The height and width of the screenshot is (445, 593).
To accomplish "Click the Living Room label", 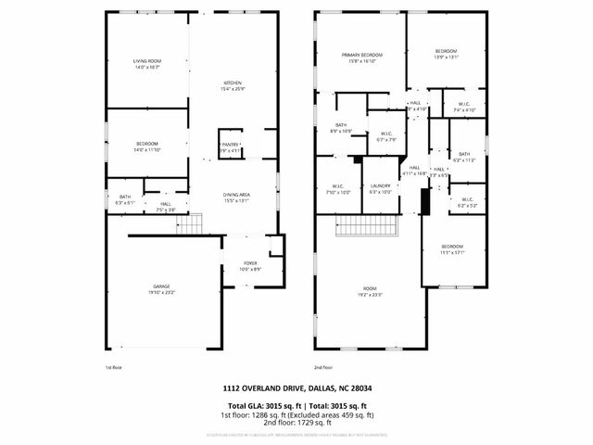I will [x=147, y=64].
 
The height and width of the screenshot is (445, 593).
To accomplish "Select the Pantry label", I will [x=231, y=146].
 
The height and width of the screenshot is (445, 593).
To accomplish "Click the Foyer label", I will [x=250, y=265].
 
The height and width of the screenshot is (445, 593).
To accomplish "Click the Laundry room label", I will [x=381, y=188].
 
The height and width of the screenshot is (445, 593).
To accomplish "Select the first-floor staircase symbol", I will [x=189, y=223].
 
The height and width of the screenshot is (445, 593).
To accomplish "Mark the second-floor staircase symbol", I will [x=365, y=225].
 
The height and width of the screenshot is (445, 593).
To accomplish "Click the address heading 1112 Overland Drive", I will [x=296, y=388].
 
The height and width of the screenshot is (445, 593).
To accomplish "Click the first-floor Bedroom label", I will [x=147, y=146].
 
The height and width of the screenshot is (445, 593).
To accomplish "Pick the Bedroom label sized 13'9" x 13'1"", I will [x=446, y=54].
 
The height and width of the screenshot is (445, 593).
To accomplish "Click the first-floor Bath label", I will [x=125, y=199].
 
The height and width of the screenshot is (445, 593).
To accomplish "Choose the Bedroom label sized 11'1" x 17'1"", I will [x=451, y=248].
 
